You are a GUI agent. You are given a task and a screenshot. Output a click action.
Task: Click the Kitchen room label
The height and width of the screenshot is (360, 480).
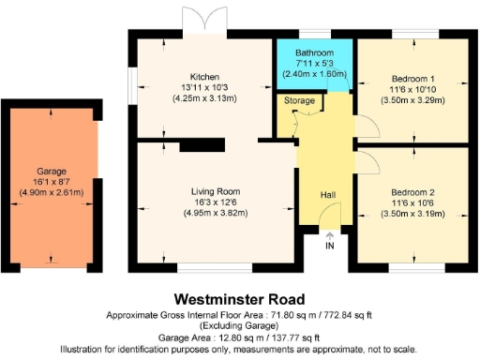[203, 76]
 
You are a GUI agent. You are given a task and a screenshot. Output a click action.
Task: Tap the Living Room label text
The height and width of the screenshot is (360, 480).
[203, 190]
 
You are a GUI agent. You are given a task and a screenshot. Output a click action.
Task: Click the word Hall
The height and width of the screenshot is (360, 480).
[328, 194]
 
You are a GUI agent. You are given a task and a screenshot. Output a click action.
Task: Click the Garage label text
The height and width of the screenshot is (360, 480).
[52, 172]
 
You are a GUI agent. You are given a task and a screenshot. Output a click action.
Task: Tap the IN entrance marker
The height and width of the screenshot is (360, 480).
[329, 246]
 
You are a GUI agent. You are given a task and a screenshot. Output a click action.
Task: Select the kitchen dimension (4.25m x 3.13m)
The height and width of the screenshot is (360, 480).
[203, 97]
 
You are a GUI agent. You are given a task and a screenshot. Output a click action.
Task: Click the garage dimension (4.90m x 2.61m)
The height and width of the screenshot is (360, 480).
[52, 193]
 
